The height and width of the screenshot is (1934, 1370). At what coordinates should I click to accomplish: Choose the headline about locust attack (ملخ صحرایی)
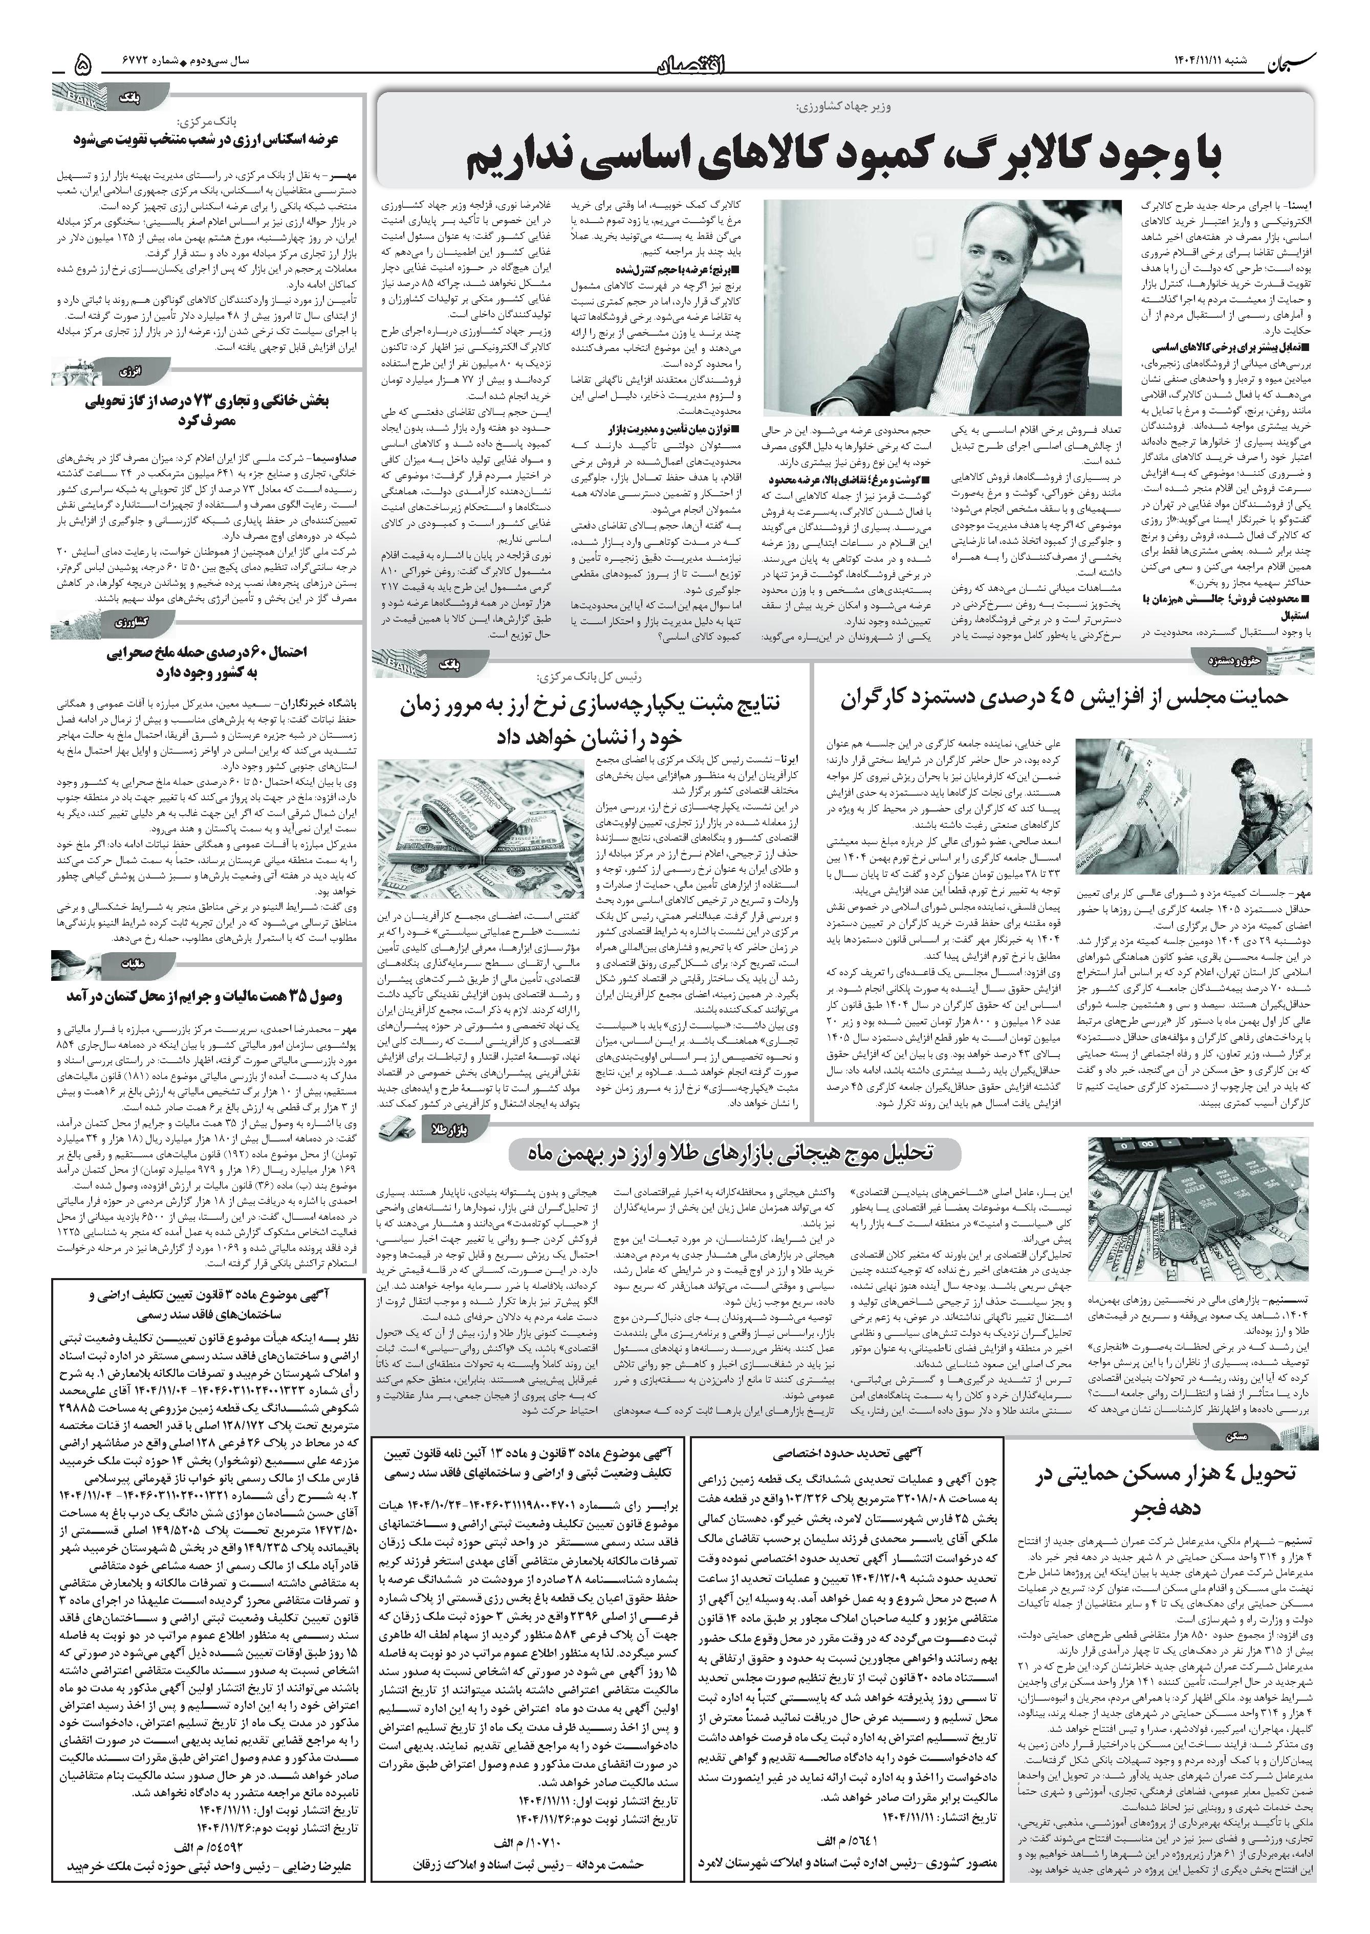(207, 661)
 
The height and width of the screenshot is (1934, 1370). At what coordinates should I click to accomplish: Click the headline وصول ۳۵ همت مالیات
(207, 997)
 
